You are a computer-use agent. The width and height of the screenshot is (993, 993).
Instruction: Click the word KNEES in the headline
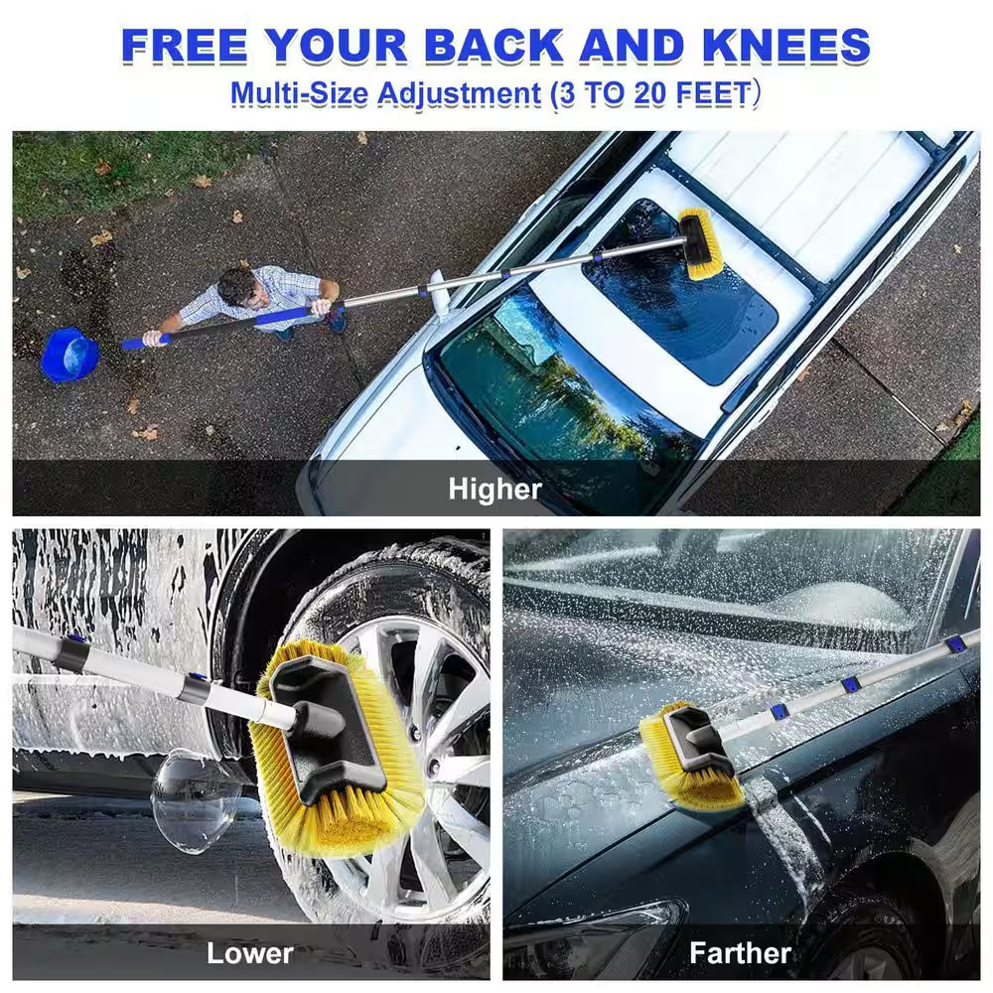tap(786, 46)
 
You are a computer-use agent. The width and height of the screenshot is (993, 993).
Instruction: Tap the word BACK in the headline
tap(494, 46)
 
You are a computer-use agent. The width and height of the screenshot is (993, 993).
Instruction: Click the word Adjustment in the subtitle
tap(459, 94)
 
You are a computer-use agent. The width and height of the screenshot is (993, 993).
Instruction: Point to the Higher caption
tap(496, 489)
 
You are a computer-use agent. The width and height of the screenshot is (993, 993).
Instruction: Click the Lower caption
tap(250, 953)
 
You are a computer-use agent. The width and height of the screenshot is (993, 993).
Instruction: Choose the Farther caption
tap(741, 952)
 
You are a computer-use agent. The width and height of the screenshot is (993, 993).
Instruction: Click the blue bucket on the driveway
tap(70, 355)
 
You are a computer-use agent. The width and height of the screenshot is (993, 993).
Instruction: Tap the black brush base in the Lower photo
tap(327, 728)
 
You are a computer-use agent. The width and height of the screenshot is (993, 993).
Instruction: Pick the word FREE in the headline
tap(184, 46)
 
